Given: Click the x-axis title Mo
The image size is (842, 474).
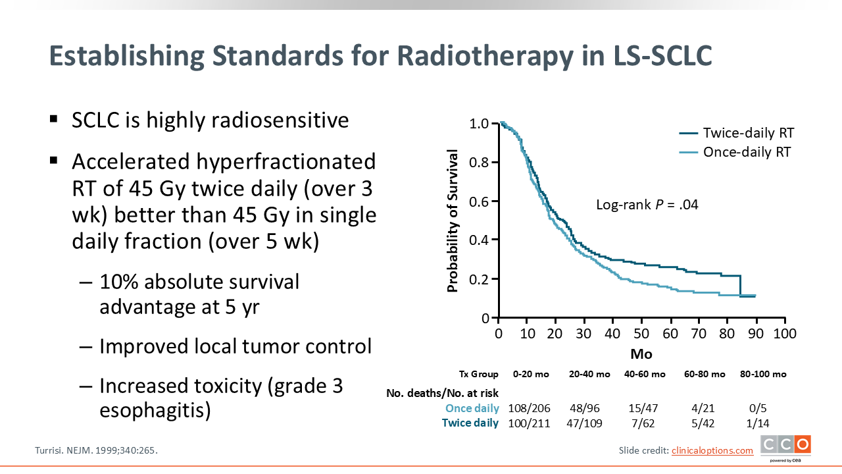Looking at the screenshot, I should [x=641, y=354].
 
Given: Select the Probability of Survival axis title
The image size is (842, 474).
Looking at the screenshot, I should [x=453, y=221].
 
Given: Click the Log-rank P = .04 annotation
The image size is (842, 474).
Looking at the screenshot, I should [x=647, y=205].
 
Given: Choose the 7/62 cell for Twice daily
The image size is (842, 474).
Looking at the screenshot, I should [x=644, y=423].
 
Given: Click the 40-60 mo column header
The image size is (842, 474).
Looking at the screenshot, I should [x=644, y=374].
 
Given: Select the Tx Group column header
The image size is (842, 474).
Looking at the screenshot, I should [x=479, y=374].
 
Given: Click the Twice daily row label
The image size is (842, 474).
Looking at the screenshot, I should [x=470, y=423].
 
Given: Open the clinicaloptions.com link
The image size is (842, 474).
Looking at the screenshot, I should [x=712, y=450].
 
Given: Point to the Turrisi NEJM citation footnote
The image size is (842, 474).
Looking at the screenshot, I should [x=96, y=451].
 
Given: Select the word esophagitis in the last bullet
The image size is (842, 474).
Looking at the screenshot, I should [x=155, y=411].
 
